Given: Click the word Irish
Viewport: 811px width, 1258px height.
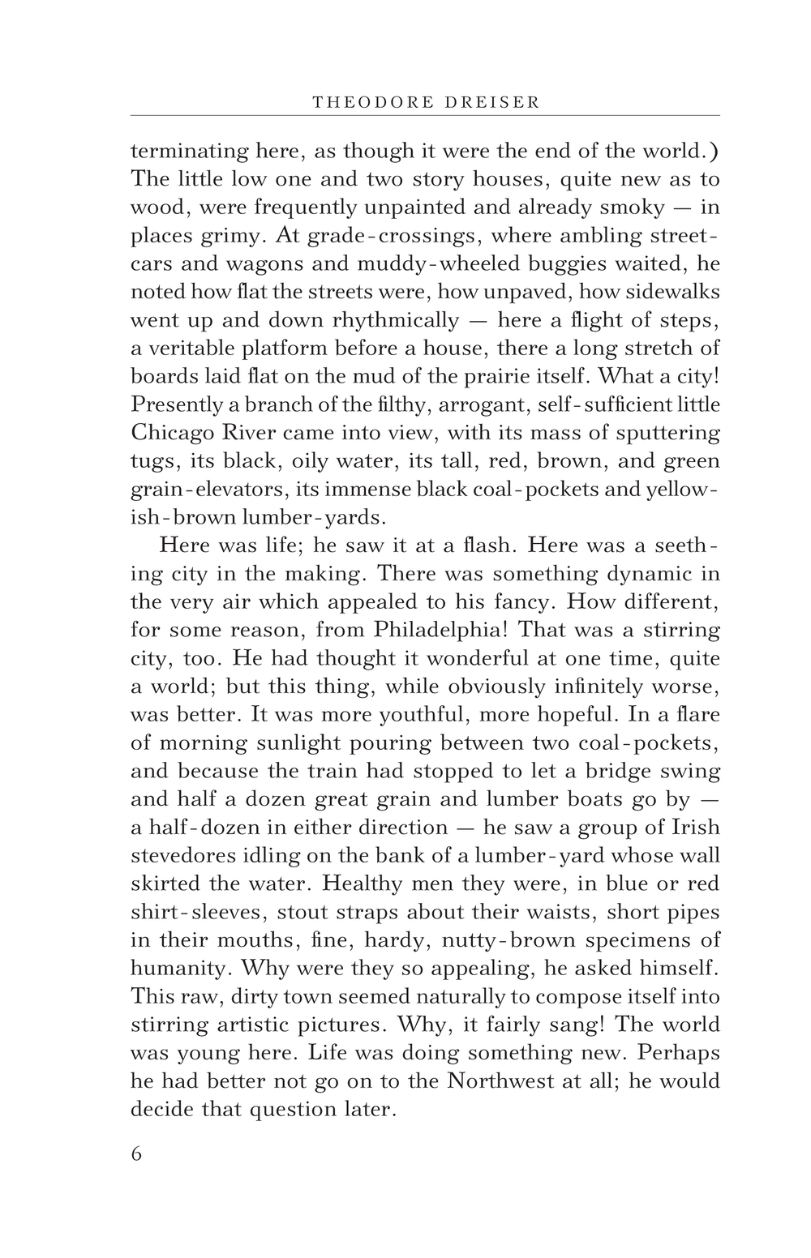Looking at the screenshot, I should tap(695, 828).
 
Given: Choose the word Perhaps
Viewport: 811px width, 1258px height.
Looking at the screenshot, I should tap(680, 1053).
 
